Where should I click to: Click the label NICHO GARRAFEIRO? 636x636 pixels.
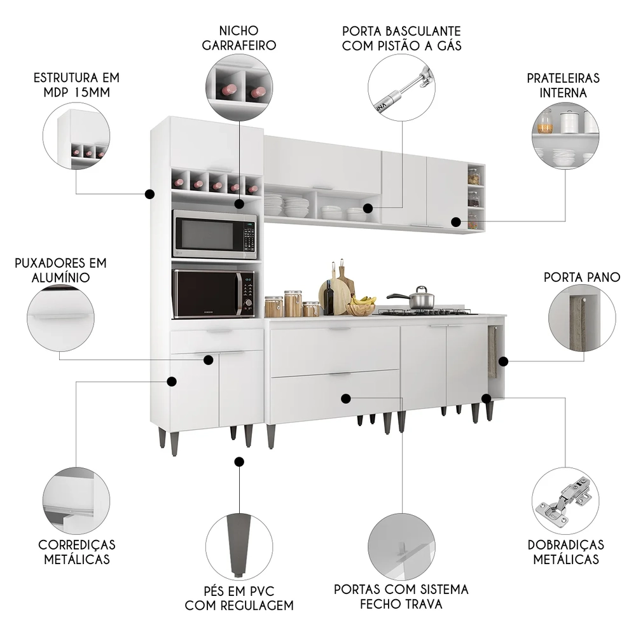pos(238,38)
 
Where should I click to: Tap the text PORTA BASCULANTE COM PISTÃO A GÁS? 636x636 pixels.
pos(401,38)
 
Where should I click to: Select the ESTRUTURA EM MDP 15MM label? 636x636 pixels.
pos(76,85)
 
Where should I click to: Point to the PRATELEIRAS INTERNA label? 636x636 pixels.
pos(563,85)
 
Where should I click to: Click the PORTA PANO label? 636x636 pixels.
pos(582,277)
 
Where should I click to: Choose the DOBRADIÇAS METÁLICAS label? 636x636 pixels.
pos(565,552)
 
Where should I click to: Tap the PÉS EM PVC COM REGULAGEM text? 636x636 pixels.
pos(239,597)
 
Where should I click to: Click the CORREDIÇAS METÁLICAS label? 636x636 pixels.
pos(77,552)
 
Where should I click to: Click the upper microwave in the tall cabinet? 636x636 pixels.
pos(214,234)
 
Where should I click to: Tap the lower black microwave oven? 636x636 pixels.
pos(213,293)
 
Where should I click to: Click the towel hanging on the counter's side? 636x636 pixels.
pos(492,354)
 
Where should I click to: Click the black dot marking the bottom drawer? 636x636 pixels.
pos(346,399)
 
